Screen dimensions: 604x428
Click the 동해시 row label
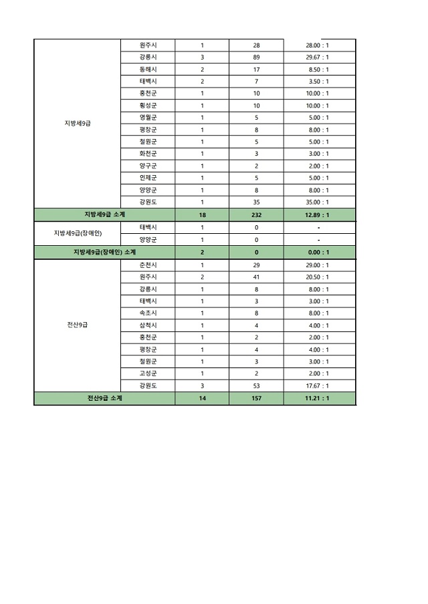[148, 69]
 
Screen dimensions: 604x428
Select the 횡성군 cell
[148, 106]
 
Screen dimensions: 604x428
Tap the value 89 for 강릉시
[256, 57]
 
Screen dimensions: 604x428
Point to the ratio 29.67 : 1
[318, 57]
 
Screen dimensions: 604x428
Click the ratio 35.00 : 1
[318, 202]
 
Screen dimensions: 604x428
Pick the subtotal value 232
[256, 214]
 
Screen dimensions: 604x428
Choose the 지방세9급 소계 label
[104, 214]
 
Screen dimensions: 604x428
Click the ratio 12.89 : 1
[318, 214]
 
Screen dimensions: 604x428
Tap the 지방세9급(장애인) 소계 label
[104, 252]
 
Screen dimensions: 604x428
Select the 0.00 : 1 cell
[318, 252]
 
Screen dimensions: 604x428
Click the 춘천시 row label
[148, 265]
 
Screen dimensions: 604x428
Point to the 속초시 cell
[148, 313]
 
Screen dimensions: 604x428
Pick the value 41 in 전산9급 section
[256, 277]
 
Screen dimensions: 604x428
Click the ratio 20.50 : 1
[318, 277]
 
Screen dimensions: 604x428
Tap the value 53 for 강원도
[256, 386]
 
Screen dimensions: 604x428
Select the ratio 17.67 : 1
[318, 386]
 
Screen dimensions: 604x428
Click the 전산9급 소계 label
[104, 398]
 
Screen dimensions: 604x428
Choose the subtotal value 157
[256, 398]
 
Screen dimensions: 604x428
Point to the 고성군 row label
[148, 373]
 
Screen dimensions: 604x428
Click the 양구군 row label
[148, 166]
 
